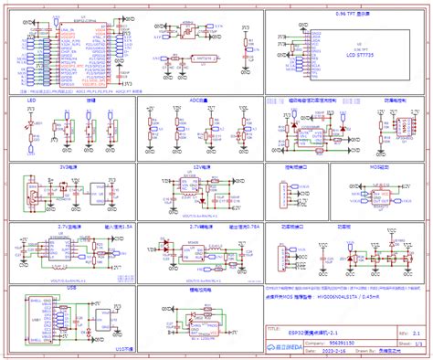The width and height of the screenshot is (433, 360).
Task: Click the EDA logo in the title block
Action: (283, 347)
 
